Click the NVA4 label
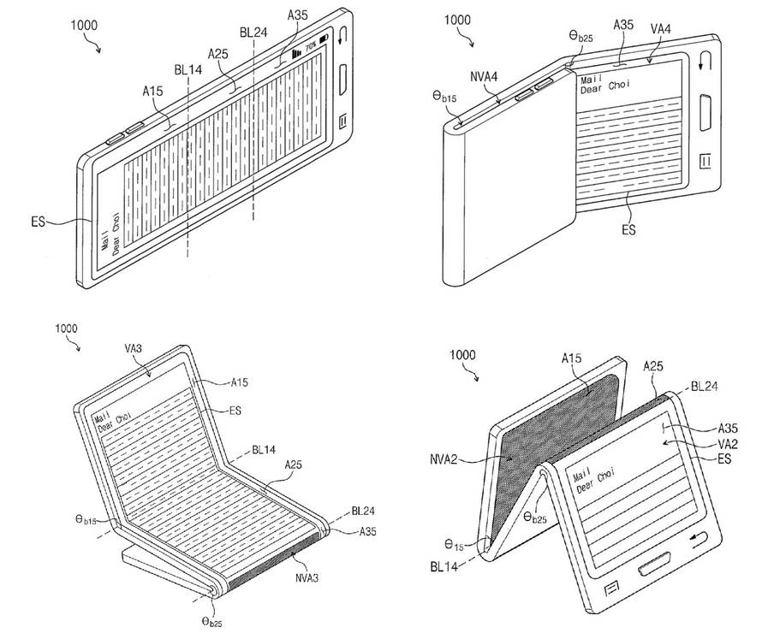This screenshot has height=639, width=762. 484,76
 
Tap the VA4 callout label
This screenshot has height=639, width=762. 660,29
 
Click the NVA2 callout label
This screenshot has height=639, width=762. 444,459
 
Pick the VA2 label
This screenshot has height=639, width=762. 728,443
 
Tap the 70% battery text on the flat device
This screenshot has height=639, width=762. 311,47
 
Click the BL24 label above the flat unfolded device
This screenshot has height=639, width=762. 253,32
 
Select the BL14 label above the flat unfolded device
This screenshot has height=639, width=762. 188,69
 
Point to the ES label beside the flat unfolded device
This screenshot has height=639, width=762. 38,222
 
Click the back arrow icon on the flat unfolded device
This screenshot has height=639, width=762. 343,36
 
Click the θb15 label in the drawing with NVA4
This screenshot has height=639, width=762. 444,97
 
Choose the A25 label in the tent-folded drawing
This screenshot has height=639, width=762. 652,366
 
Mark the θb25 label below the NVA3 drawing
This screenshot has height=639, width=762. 212,622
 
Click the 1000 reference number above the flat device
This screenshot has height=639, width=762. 84,25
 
